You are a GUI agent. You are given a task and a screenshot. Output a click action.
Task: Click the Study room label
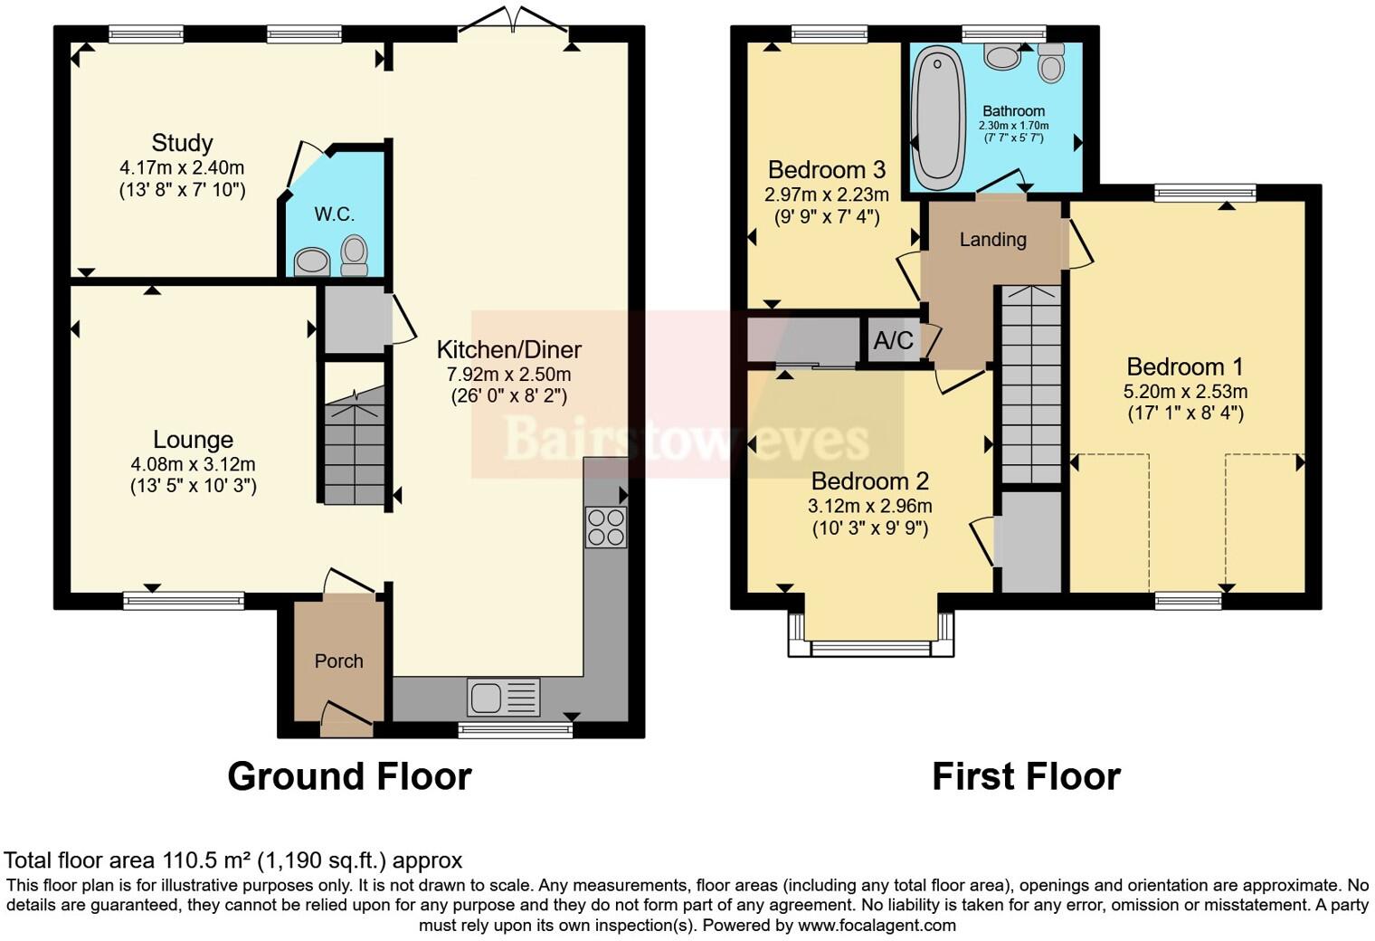click(x=182, y=143)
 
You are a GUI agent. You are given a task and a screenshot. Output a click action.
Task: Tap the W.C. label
click(x=334, y=214)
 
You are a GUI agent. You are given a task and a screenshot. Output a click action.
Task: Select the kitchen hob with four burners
click(x=606, y=527)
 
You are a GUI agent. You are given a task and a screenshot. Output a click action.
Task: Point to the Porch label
click(x=338, y=661)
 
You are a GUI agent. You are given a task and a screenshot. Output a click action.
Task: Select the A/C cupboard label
click(x=893, y=341)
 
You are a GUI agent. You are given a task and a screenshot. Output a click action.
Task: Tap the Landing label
click(x=992, y=240)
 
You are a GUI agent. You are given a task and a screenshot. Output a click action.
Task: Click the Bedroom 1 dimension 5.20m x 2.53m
click(x=1185, y=392)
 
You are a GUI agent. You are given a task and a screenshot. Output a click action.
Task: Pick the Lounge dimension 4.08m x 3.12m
click(x=193, y=464)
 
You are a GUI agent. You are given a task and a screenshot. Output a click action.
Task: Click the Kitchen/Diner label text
click(x=508, y=349)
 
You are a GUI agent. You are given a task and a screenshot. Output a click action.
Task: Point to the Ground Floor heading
click(x=349, y=776)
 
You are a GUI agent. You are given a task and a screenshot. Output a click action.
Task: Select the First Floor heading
click(x=1026, y=776)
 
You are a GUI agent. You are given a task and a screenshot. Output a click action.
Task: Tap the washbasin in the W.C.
click(x=312, y=261)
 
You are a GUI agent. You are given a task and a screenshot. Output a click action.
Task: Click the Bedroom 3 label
click(x=826, y=170)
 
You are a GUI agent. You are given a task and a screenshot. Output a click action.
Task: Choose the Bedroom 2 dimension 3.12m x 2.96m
click(x=869, y=506)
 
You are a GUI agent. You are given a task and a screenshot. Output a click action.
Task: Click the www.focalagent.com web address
click(x=877, y=925)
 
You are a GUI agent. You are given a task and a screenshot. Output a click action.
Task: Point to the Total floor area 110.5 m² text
click(x=233, y=860)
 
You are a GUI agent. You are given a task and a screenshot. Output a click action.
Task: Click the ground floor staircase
click(x=355, y=448)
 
